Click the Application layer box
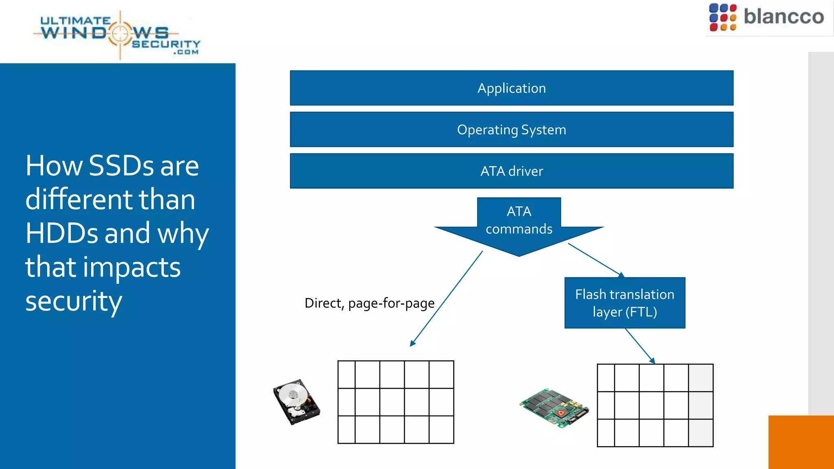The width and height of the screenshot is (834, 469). coord(511,88)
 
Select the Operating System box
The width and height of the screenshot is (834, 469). coord(511,129)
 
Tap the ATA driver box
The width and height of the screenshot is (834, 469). coord(511,171)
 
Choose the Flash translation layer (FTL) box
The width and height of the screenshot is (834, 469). coord(625,303)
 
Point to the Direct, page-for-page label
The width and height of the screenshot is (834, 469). coord(369,303)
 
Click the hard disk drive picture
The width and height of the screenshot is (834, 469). coord(296,402)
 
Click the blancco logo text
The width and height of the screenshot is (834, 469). coord(784,17)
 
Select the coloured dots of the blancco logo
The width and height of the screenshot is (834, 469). coord(722,18)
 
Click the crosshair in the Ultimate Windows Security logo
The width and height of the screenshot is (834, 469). coord(120,34)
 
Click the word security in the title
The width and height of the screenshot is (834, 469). coord(74,301)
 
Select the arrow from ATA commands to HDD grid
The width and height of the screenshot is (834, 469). coord(446,299)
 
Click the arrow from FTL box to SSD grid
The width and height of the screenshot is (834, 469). coord(640,346)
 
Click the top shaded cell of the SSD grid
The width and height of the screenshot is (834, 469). coord(700,378)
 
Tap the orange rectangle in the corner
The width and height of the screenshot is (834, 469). coord(801,442)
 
